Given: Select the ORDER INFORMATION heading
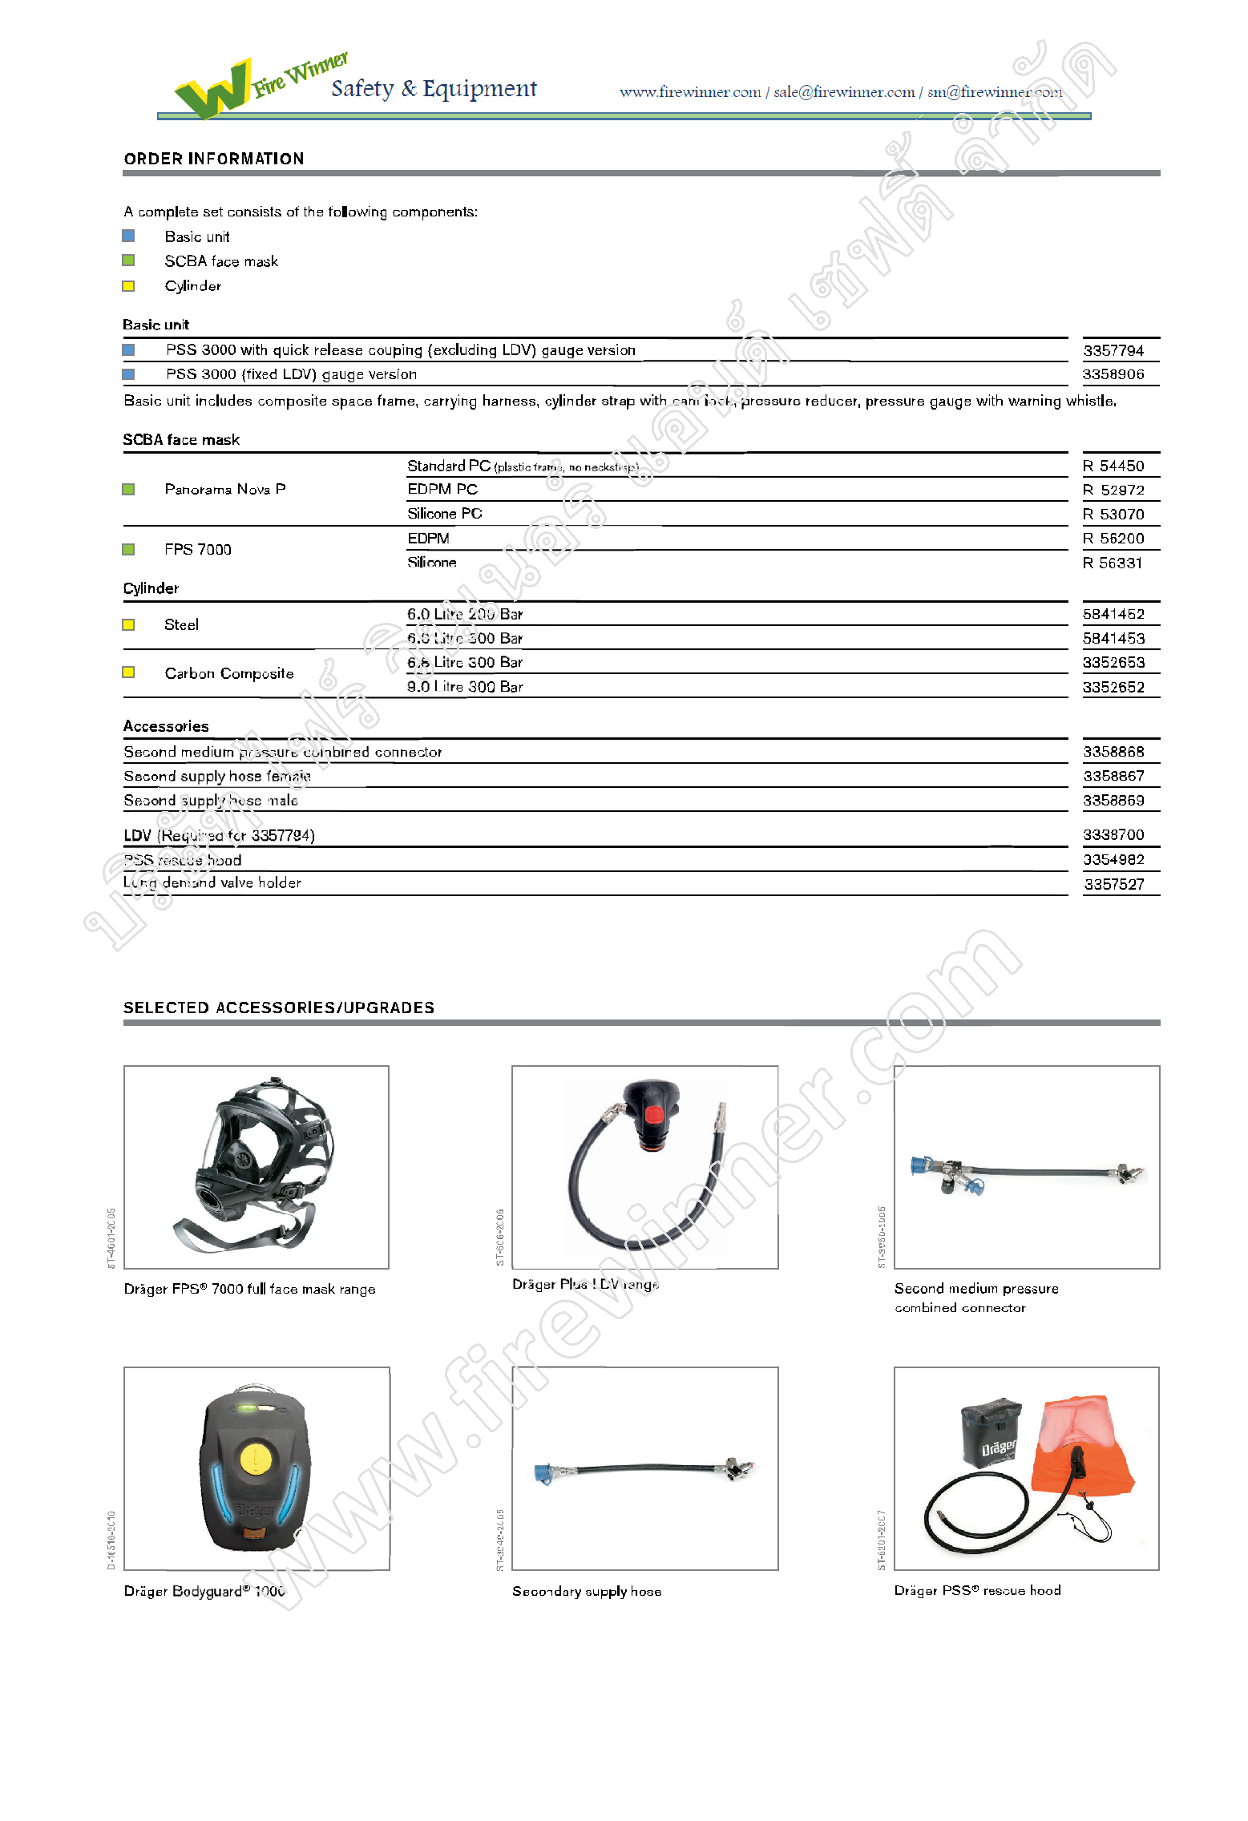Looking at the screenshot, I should click(214, 159).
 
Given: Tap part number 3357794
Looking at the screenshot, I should click(1113, 350).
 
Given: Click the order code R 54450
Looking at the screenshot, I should click(1113, 466).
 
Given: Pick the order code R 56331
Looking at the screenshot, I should click(1113, 563).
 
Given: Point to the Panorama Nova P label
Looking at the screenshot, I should click(225, 489).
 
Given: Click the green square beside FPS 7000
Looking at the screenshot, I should click(128, 549).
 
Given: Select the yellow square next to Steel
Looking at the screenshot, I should click(128, 624).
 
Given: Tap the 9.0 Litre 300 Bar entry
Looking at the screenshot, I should click(465, 687).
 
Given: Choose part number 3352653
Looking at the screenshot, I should click(1113, 663).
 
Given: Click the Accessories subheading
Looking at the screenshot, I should click(166, 726).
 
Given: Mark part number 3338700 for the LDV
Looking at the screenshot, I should click(1113, 835).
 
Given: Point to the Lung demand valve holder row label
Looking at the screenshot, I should click(212, 882).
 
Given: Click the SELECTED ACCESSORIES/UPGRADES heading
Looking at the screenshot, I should click(279, 1007).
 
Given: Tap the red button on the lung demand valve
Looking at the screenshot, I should click(653, 1114).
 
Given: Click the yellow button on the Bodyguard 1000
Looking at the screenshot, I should click(256, 1458).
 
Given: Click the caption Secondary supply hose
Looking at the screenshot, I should click(587, 1591).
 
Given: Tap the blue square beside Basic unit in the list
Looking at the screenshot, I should click(128, 236).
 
